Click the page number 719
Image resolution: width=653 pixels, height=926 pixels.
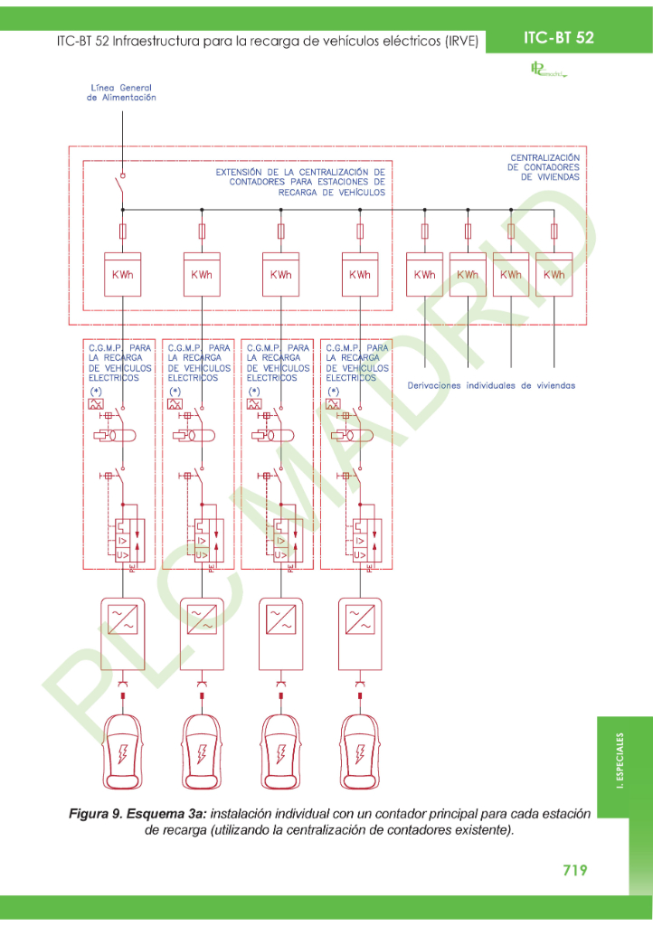click(574, 870)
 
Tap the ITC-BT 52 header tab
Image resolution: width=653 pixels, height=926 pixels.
click(558, 37)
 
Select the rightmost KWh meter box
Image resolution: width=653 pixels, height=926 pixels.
click(554, 275)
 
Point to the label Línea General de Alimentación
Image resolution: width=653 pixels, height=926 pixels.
click(121, 92)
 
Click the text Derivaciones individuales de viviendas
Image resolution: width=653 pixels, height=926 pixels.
click(491, 385)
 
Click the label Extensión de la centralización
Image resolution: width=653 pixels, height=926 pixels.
click(300, 181)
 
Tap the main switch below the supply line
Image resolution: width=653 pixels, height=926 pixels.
click(119, 190)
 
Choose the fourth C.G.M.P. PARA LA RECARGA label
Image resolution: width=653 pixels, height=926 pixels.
click(356, 363)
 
